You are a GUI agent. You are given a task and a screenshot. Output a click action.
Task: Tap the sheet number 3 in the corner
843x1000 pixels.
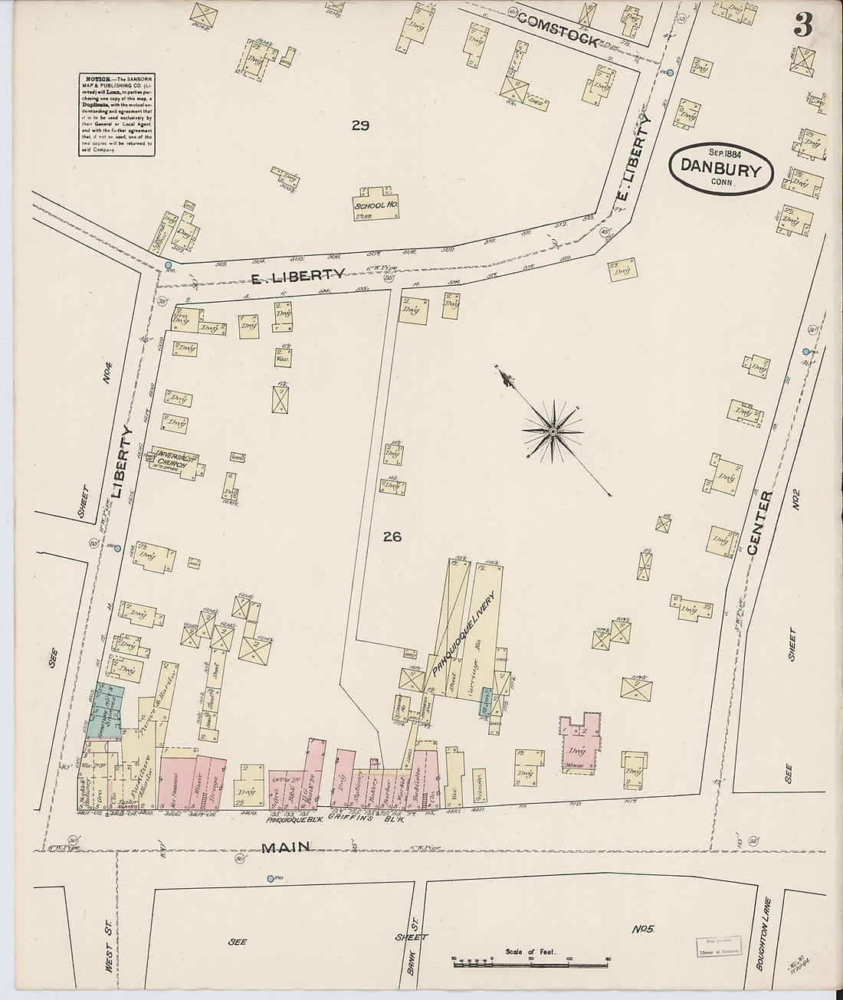pos(802,26)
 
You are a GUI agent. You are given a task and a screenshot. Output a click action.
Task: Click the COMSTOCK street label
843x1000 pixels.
pos(557,31)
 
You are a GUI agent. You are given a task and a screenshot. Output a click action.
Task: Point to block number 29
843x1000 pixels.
pos(360,126)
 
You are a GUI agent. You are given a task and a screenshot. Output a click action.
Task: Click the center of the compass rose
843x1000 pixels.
pos(552,432)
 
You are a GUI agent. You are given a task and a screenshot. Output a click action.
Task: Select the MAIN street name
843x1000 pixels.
pos(288,847)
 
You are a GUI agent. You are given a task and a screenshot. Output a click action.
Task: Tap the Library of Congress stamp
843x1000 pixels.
pos(716,948)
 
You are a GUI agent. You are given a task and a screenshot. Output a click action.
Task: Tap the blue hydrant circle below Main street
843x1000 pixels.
pos(270,878)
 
